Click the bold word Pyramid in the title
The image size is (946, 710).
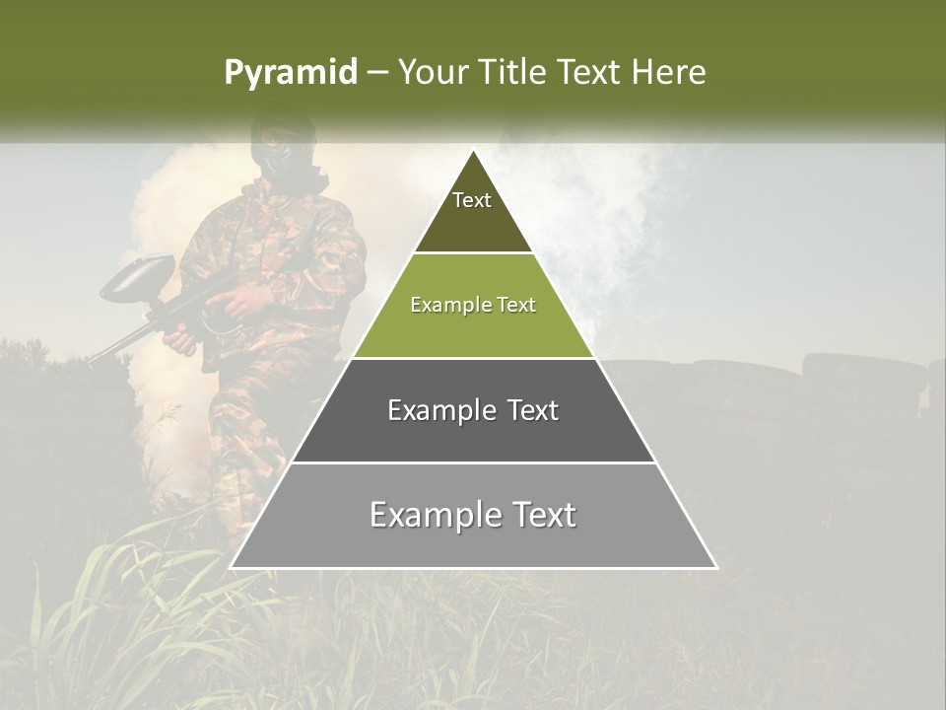[291, 73]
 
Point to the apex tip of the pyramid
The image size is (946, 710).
[473, 152]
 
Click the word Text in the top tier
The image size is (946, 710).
[472, 200]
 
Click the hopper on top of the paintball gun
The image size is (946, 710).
[138, 276]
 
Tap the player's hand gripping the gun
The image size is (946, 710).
[183, 340]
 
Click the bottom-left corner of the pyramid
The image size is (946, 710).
[232, 567]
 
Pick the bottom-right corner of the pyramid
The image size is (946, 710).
[715, 567]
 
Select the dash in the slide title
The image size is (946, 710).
[377, 73]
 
